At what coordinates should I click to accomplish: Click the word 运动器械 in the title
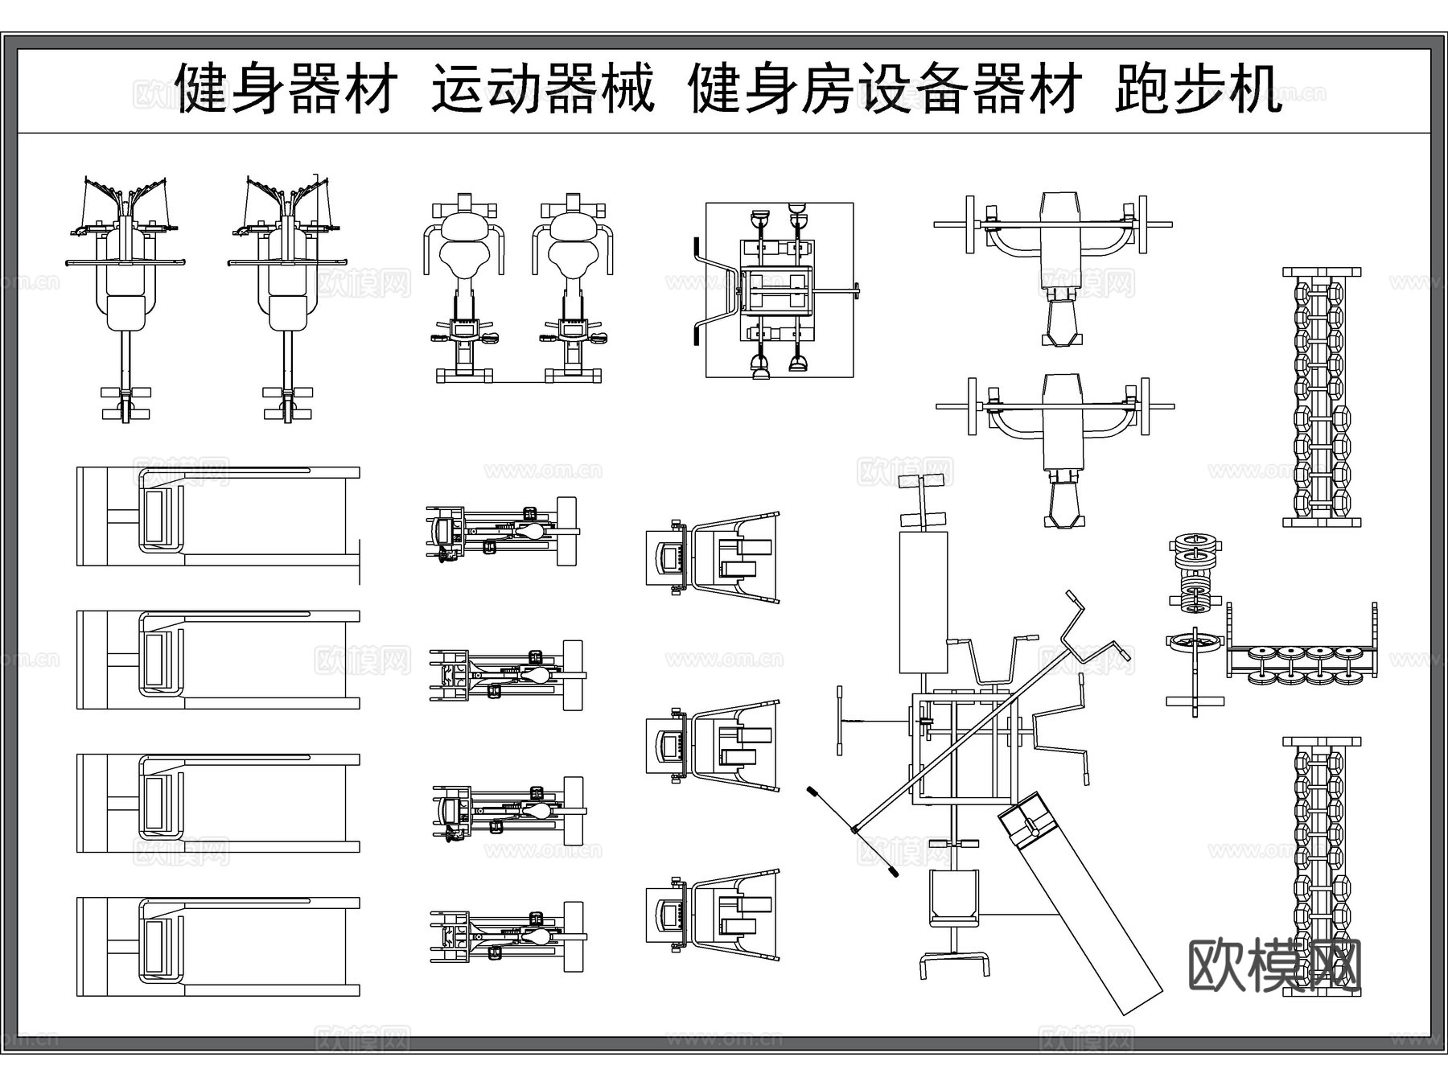tap(544, 88)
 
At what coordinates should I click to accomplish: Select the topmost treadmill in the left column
tap(217, 516)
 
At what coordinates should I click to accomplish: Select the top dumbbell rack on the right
tap(1322, 397)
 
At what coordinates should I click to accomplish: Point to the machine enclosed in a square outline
tap(779, 290)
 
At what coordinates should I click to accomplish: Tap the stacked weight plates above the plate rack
tap(1195, 571)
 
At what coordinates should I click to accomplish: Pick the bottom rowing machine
tap(507, 936)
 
